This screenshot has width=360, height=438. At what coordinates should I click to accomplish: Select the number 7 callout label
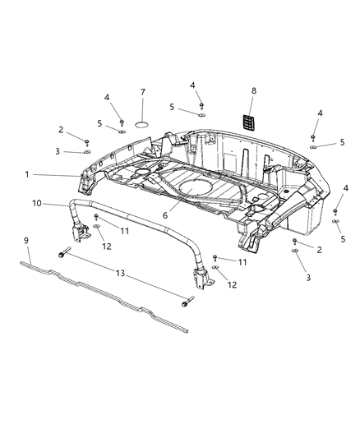[142, 91]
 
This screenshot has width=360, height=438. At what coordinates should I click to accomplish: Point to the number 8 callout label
[253, 91]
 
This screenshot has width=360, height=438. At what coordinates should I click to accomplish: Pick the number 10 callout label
[36, 203]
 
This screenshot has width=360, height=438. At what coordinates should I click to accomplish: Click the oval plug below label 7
[142, 123]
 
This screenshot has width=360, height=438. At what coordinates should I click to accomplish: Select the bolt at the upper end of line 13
[62, 256]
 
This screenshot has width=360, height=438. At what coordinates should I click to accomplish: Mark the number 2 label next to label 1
[60, 129]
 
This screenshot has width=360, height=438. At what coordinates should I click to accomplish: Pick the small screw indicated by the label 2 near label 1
[87, 141]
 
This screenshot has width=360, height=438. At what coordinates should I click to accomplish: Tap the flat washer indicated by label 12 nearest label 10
[95, 226]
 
